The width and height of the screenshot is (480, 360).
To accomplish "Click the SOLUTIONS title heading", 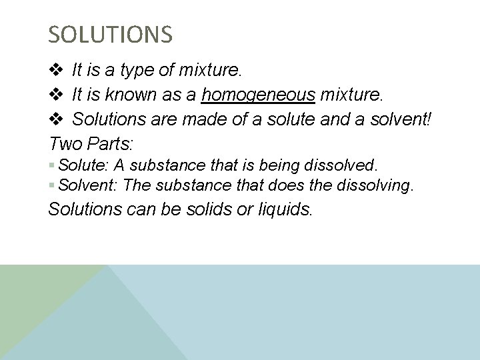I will [x=111, y=34].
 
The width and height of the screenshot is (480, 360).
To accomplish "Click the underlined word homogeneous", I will [x=259, y=95].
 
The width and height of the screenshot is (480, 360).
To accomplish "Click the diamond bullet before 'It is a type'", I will [x=56, y=69].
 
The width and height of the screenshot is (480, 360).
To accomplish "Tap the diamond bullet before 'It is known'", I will [x=56, y=95].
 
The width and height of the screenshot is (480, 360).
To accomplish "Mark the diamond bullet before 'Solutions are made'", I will [x=56, y=120].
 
